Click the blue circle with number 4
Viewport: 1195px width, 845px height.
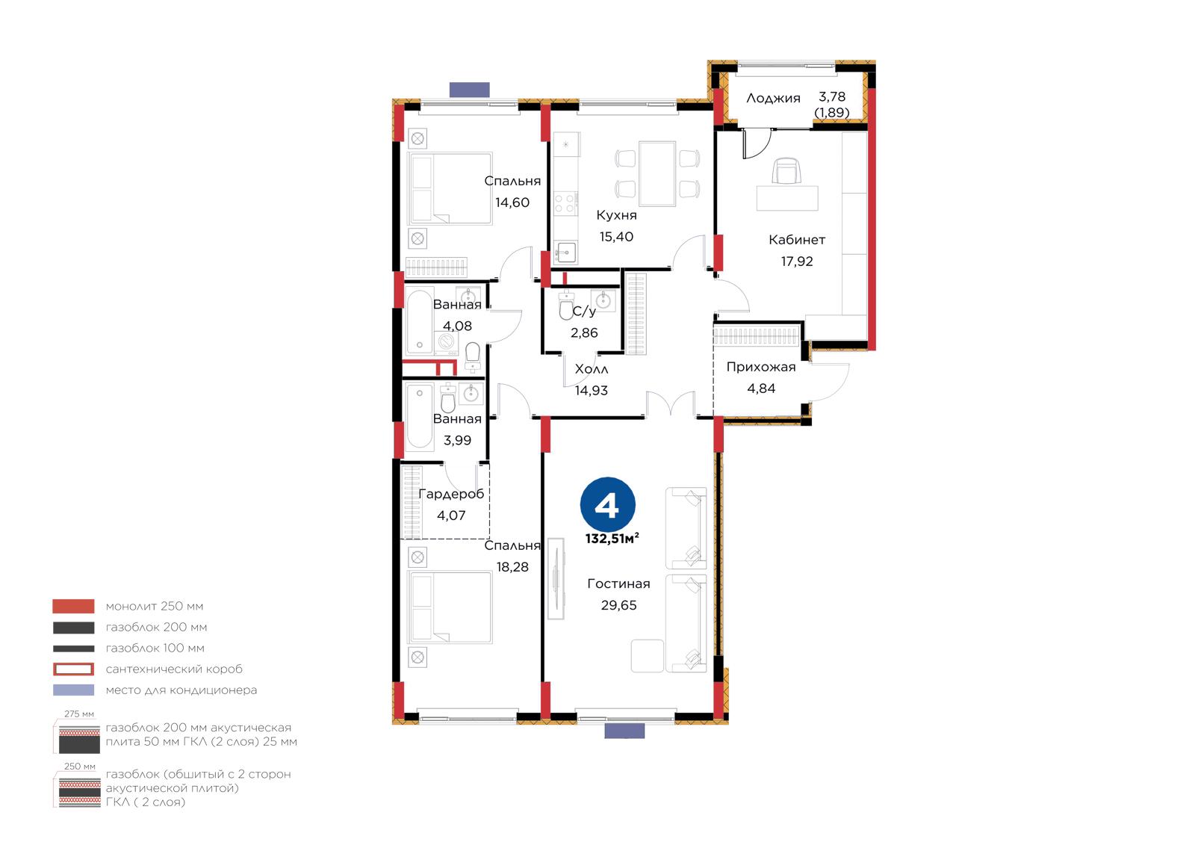(608, 504)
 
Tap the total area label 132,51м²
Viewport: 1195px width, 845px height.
(612, 539)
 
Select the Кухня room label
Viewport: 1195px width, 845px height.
(616, 215)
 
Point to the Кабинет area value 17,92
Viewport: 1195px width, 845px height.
(797, 261)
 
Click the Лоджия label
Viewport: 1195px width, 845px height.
(773, 98)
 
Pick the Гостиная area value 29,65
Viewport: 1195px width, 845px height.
(619, 604)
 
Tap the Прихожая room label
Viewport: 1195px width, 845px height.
(761, 368)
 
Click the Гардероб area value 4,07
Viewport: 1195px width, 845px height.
(451, 515)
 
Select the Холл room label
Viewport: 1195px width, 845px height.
(591, 369)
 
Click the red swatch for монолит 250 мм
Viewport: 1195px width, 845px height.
(74, 606)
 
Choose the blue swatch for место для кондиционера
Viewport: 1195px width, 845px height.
(74, 690)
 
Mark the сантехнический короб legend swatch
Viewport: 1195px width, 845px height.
(74, 669)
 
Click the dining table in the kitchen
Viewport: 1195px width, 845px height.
(657, 173)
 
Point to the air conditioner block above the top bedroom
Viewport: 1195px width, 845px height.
(470, 90)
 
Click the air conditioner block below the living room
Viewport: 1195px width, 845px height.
(624, 731)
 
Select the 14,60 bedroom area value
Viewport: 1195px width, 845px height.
(512, 202)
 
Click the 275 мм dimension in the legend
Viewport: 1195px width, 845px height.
(79, 714)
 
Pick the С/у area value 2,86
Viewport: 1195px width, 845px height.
(584, 332)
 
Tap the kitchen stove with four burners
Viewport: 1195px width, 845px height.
(566, 203)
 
